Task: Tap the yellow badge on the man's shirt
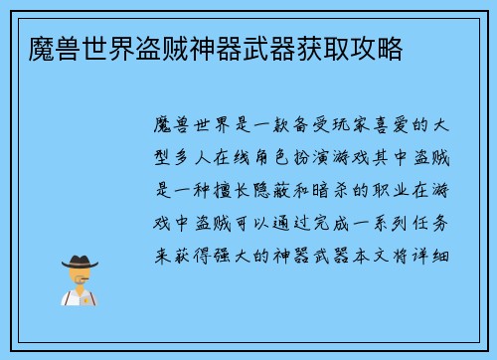(x=91, y=299)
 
